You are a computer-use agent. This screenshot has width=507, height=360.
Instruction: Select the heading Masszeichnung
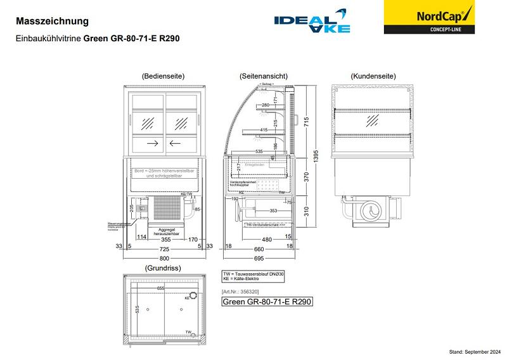pos(52,22)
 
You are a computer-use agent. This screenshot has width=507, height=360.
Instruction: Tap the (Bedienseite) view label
pos(163,76)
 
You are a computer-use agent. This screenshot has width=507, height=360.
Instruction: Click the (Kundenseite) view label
pos(373,76)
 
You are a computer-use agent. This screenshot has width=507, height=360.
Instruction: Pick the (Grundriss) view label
pos(163,268)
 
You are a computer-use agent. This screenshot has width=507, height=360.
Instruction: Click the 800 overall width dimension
pos(165,259)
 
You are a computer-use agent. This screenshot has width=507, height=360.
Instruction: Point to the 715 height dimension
pos(306,122)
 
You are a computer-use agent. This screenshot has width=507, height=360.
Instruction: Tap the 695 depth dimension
pos(259,259)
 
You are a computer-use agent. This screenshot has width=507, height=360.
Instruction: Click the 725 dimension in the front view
pos(164,249)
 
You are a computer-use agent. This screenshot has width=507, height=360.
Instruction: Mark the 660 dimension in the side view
pos(259,249)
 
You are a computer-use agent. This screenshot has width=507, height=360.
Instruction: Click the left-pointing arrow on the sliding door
pos(175,143)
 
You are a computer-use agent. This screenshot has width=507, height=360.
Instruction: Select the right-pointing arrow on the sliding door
pos(152,143)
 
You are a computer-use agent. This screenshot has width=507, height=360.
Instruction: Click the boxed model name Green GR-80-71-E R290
pos(267,302)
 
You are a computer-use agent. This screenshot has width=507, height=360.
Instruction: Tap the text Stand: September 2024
pos(475,351)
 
